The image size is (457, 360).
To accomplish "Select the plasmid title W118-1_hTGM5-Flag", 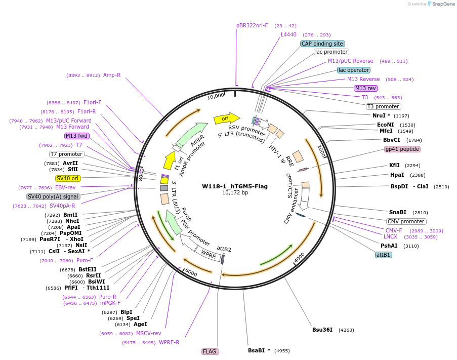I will tap(235, 186).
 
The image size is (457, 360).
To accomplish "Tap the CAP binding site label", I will tap(322, 44).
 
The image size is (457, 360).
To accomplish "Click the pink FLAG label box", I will tap(210, 351).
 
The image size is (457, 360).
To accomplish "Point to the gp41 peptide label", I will tap(402, 149).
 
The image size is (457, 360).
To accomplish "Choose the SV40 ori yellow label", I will tap(68, 178).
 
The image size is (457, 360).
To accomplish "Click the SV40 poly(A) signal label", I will tap(53, 196).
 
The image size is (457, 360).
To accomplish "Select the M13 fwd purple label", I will tap(77, 136).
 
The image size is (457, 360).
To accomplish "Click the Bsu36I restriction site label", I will tap(322, 330).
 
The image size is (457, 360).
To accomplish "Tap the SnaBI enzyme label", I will tap(397, 212).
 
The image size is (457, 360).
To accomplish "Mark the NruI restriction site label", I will tap(382, 115).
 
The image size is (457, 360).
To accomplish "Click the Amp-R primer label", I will tap(112, 75).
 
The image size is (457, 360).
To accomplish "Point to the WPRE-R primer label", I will tap(169, 342).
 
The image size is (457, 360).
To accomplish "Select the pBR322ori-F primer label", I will tap(252, 25).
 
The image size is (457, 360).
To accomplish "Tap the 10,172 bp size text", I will tap(235, 193).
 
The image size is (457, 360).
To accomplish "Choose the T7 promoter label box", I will tap(66, 154).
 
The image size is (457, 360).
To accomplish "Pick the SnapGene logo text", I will tap(443, 4).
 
